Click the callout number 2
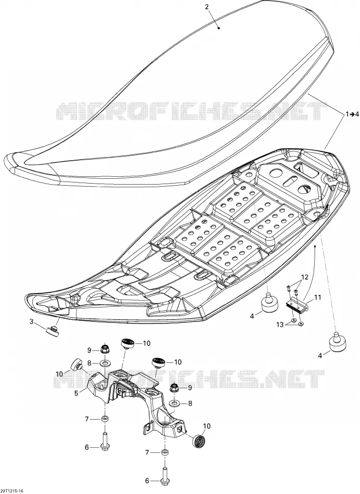click(207, 7)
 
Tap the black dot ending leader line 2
click(219, 28)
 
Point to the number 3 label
click(31, 321)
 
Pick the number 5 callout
click(75, 393)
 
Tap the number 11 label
click(317, 297)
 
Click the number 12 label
click(304, 277)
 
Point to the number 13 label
click(280, 325)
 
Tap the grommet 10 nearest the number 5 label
click(76, 365)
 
